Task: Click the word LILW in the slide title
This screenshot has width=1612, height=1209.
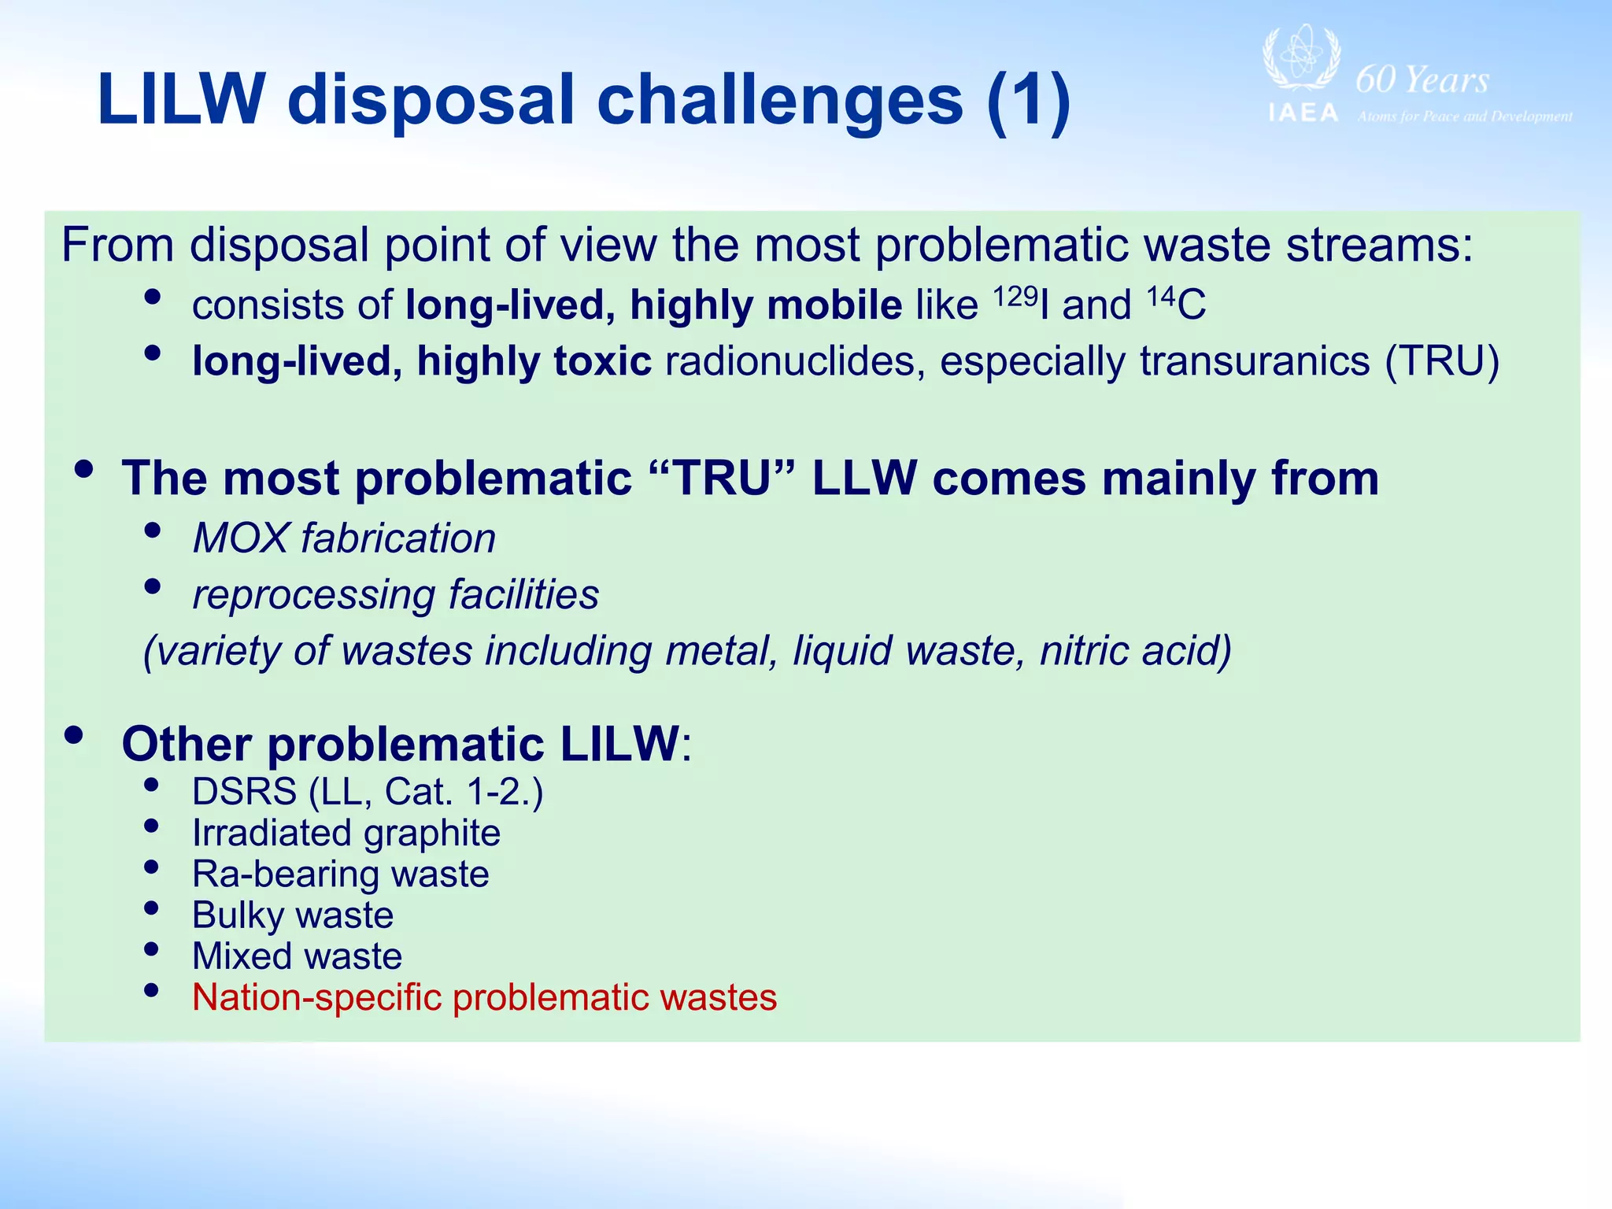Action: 181,100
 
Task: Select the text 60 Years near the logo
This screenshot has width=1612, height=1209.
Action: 1422,80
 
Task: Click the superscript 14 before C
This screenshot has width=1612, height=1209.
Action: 1161,296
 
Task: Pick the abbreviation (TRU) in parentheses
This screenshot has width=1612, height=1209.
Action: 1441,361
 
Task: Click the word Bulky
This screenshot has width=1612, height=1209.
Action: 238,915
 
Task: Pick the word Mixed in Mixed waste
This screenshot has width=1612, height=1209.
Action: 240,956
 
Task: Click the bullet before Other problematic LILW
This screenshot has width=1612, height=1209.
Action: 74,735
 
